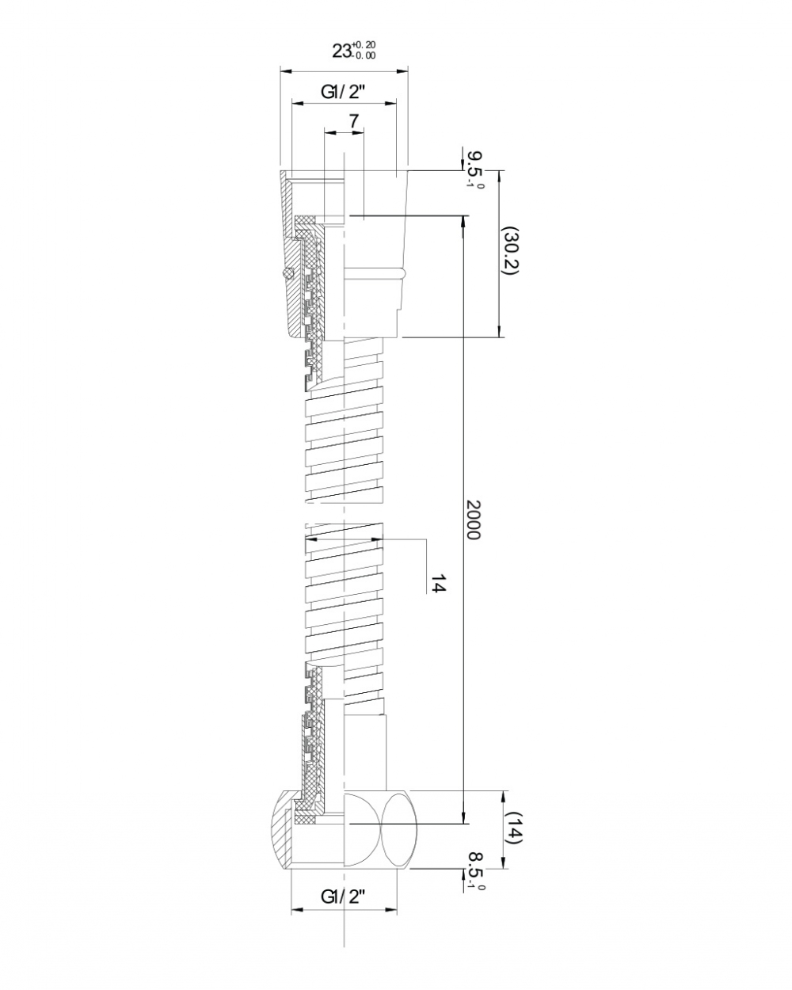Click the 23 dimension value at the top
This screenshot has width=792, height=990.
341,51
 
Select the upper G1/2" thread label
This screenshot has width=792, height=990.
343,93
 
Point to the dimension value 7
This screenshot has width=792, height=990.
353,121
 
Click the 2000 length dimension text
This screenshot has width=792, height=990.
472,519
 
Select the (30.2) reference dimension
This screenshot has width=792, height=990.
510,251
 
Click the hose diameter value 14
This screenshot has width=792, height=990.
438,583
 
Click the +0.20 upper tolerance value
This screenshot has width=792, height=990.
364,44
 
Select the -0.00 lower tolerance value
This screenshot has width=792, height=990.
364,56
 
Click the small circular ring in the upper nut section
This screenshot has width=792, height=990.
287,272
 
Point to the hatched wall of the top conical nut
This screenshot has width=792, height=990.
291,257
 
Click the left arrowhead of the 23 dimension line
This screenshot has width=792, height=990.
286,71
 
